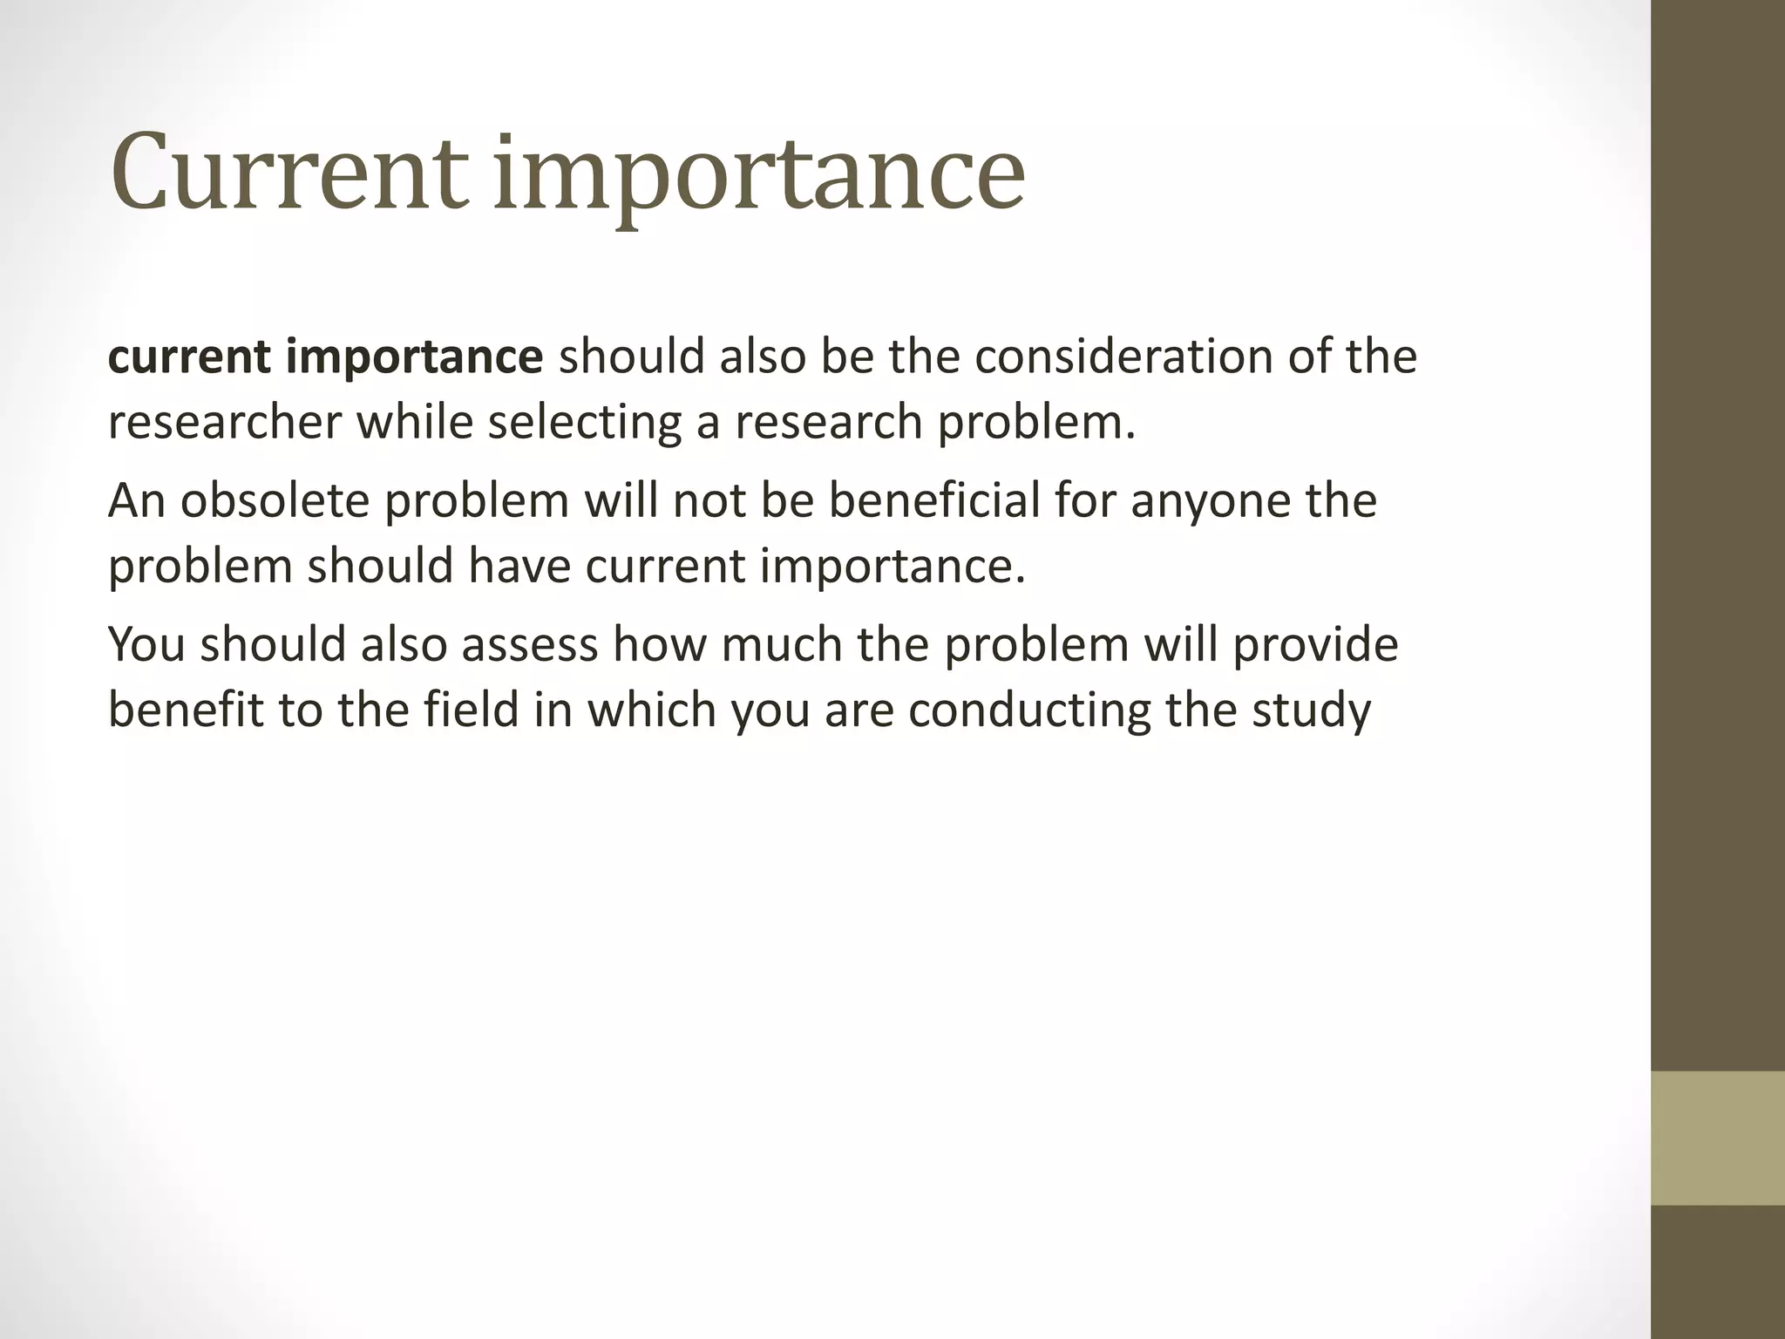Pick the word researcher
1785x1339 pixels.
tap(225, 423)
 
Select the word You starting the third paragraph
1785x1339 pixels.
tap(146, 645)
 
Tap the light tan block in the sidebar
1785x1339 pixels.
tap(1717, 1138)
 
